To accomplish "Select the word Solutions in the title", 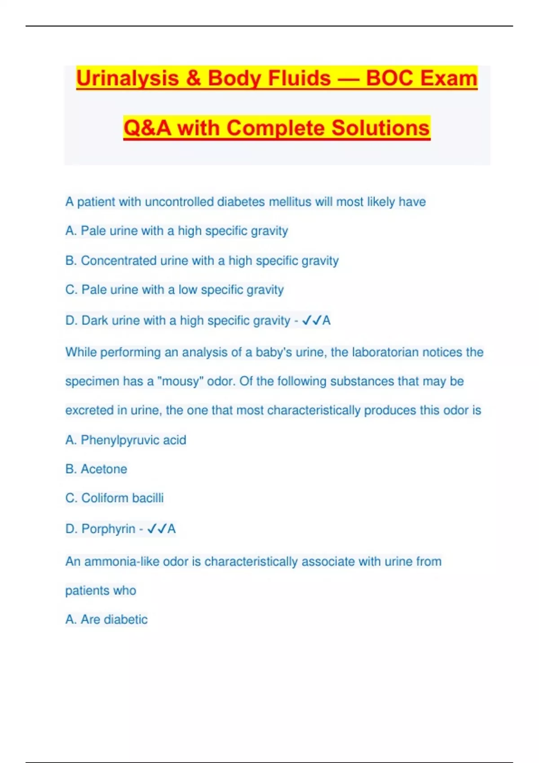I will click(x=380, y=128).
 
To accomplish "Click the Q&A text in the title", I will click(x=147, y=128).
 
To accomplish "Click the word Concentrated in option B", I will click(x=119, y=261).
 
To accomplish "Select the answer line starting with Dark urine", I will click(x=198, y=320).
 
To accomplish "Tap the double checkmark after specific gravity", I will click(x=312, y=320).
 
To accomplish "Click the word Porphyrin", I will click(x=108, y=529).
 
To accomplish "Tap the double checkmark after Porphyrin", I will click(x=157, y=529).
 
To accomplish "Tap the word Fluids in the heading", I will click(x=300, y=78).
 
